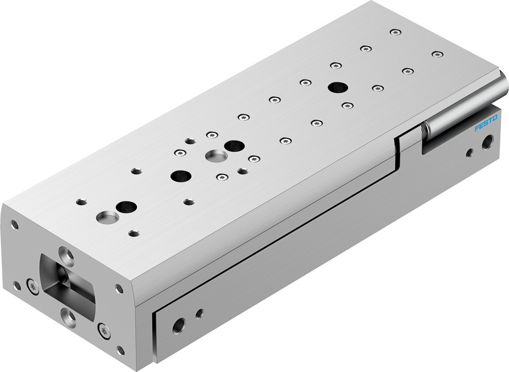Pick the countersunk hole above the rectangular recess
point(66,253)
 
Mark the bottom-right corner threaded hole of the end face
point(120,350)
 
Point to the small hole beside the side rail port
point(199,313)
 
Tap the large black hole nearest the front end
point(126,207)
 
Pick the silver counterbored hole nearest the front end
point(107,217)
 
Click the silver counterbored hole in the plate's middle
point(216,155)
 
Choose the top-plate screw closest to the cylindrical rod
point(437,54)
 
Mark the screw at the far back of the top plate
point(395,32)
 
